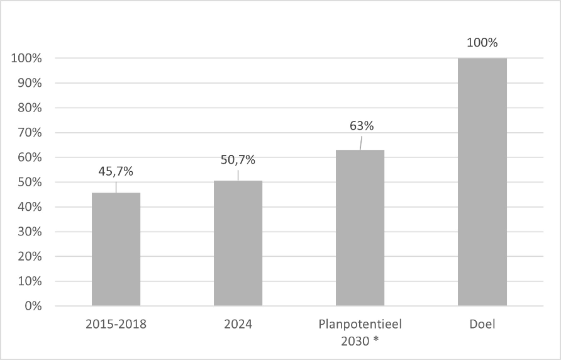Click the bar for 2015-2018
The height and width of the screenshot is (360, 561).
116,249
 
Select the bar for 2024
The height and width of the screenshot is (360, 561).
238,243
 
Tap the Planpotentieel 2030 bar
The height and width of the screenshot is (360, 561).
360,228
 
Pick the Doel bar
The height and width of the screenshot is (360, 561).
482,182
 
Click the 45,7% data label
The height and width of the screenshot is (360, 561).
116,172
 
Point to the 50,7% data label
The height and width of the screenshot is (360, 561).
238,160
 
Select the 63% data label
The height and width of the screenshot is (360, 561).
362,126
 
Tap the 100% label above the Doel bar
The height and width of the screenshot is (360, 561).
482,43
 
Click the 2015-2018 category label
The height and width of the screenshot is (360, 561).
116,324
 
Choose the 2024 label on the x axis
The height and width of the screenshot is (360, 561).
238,324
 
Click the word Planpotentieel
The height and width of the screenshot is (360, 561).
360,325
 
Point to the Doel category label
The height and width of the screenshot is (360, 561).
482,324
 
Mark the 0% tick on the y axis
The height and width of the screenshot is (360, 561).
33,306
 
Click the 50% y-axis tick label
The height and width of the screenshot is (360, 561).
30,182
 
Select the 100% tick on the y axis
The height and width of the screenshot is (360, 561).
26,58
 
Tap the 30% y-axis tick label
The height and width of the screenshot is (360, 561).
30,232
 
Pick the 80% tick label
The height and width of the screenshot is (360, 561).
30,108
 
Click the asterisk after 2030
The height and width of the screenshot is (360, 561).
375,339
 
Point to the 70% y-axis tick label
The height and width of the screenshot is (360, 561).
30,133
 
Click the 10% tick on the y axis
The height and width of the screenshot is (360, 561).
30,281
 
